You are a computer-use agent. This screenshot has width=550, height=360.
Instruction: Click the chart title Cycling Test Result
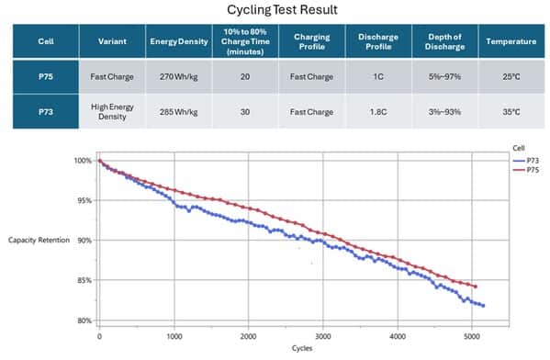click(282, 9)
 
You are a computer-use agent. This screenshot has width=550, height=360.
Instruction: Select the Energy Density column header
click(179, 41)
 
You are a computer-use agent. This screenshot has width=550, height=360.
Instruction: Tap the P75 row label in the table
click(46, 76)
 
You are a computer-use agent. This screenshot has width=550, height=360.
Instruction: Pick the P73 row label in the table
click(46, 112)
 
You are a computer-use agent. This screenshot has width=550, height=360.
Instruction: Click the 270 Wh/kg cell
click(178, 76)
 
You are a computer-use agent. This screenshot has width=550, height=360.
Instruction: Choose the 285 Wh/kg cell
click(178, 112)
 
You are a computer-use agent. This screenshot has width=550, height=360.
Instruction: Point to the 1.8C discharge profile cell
click(378, 112)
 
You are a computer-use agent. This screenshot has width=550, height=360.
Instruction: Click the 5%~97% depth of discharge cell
click(444, 76)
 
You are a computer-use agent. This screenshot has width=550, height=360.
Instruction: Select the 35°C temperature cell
click(511, 112)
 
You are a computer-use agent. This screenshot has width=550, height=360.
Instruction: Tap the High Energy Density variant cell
click(112, 111)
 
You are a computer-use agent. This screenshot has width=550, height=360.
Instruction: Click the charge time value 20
click(245, 76)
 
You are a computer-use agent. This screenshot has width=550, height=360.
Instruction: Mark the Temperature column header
click(511, 41)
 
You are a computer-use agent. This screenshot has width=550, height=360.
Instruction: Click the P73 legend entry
click(526, 161)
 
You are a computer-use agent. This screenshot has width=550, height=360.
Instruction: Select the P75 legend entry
click(526, 170)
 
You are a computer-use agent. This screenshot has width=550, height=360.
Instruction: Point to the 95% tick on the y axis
click(84, 200)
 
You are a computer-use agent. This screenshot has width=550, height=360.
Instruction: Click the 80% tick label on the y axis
click(84, 321)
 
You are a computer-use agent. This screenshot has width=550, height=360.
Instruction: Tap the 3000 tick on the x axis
click(323, 336)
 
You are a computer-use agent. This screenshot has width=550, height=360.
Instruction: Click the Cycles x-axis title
click(302, 348)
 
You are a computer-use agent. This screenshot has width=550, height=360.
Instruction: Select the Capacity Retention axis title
click(39, 240)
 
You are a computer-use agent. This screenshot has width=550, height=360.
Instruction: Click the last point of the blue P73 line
click(483, 306)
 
